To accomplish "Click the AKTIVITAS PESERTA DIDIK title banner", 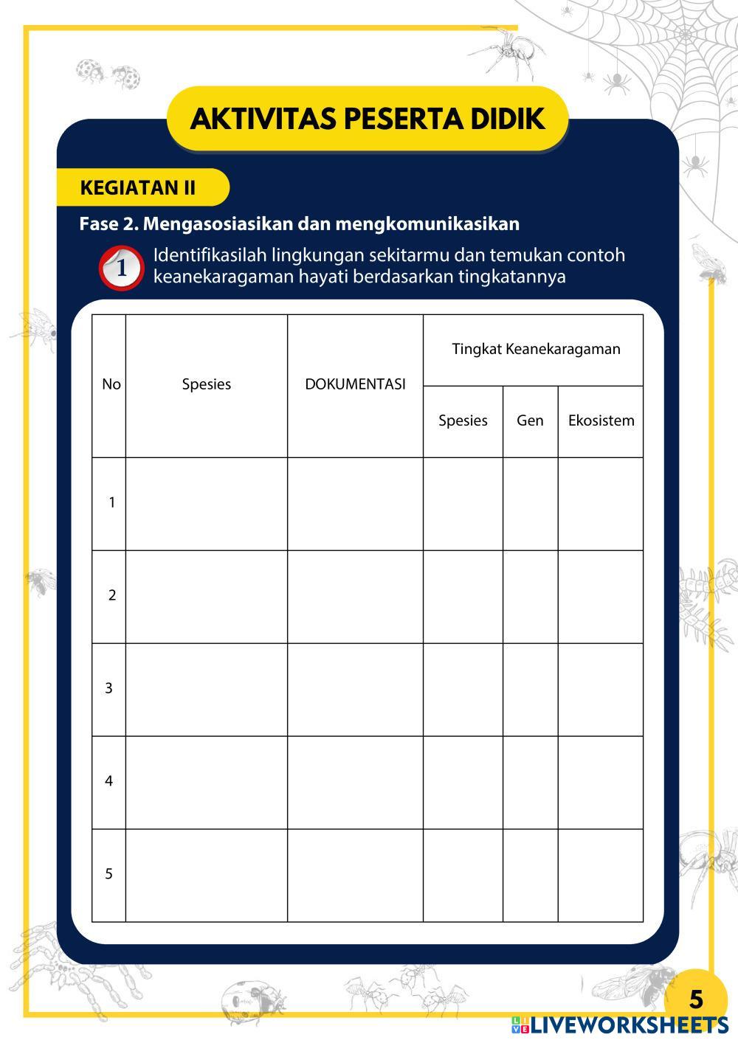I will tap(368, 119).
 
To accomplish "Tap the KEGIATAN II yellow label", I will tap(138, 187).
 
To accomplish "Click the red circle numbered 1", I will tap(121, 268).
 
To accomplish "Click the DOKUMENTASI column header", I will tap(355, 384).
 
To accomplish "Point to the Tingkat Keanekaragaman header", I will tap(536, 349).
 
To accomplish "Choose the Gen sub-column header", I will tap(530, 420).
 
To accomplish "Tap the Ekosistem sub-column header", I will tap(601, 420).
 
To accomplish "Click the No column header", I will tap(111, 384).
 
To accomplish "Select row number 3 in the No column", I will tap(109, 688).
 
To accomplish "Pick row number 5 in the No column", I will tap(109, 874).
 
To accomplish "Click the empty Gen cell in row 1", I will tap(530, 503).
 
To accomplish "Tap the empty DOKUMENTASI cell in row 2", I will tap(355, 596).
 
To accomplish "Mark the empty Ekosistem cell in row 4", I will tap(601, 782).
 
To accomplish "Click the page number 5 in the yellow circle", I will tap(696, 999).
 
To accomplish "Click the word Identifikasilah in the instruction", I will tap(210, 255).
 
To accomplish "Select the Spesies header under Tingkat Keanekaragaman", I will tap(463, 420).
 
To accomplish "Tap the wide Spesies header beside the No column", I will tap(207, 384).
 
